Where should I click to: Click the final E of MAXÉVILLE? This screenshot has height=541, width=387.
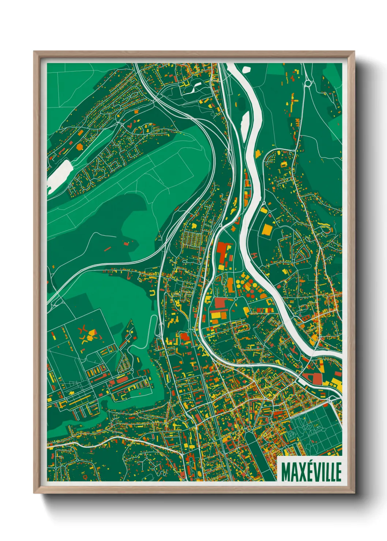click(338, 472)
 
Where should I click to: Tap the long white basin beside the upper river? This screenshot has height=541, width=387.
click(245, 122)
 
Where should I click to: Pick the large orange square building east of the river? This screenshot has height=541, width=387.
click(267, 230)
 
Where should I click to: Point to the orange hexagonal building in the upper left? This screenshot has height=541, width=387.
click(80, 147)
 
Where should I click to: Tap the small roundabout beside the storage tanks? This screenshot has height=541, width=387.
click(236, 298)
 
